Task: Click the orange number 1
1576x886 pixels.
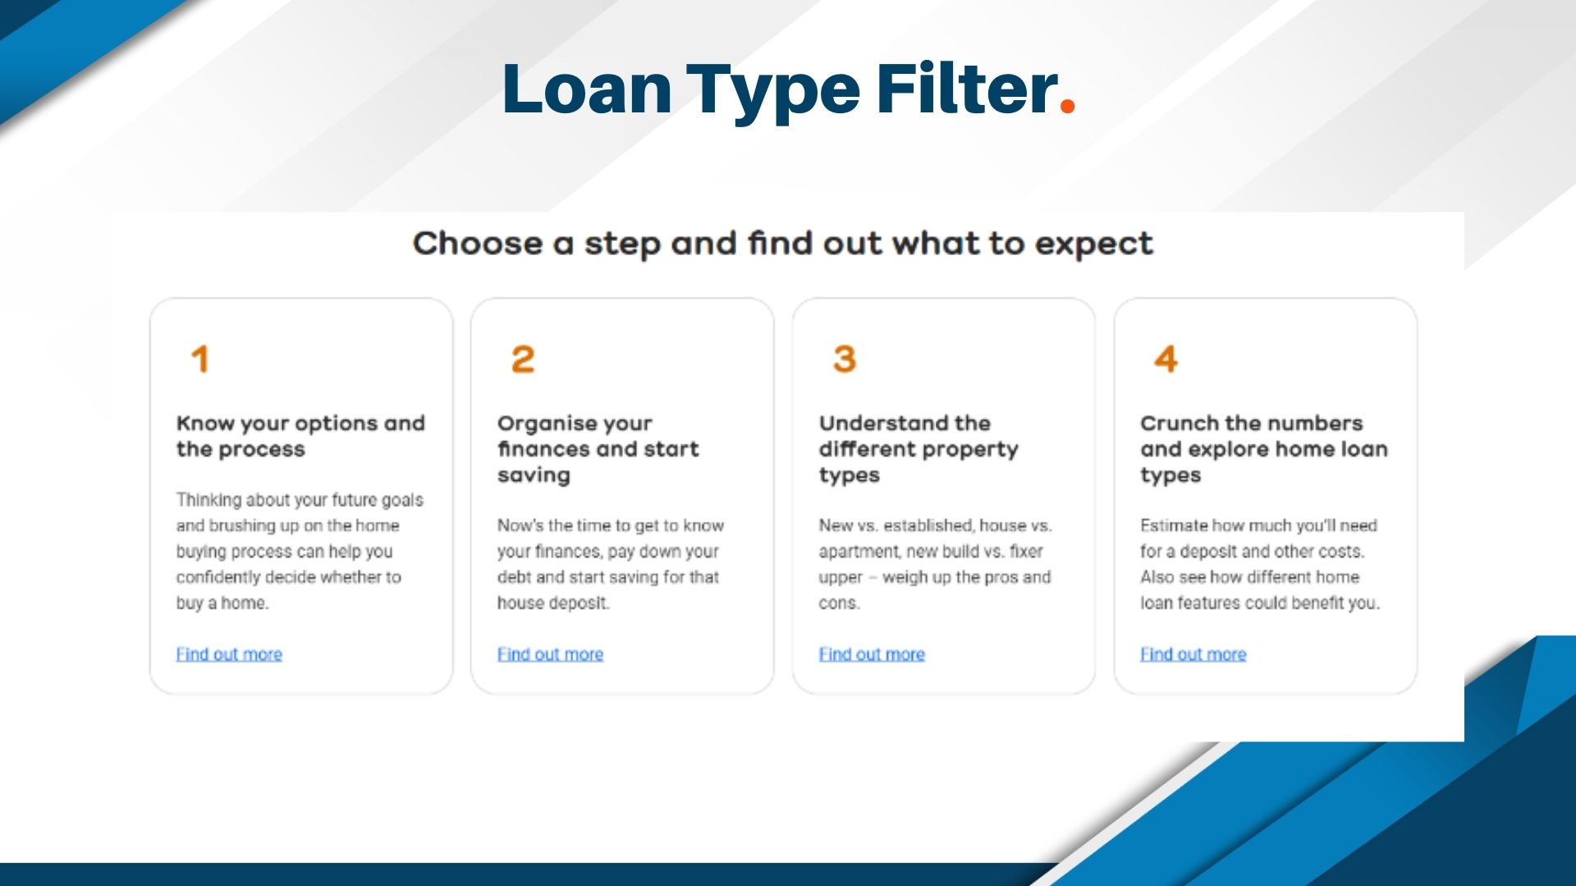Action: click(199, 359)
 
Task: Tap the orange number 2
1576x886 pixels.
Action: click(522, 359)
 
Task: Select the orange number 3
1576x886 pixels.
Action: click(844, 359)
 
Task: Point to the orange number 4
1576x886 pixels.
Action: click(1166, 359)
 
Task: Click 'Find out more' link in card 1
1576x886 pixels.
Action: click(229, 654)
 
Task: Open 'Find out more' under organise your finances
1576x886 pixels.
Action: click(550, 654)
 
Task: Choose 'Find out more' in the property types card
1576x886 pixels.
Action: click(872, 654)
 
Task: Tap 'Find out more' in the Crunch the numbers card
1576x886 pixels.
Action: click(1193, 654)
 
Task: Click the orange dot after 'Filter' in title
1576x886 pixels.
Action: click(1067, 105)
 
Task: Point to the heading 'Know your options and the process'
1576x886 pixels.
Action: click(300, 436)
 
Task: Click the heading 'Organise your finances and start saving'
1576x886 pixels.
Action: click(598, 449)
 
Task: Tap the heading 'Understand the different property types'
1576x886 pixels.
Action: click(918, 449)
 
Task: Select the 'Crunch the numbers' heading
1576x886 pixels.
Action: click(1251, 423)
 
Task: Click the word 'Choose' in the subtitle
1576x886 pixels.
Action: click(477, 244)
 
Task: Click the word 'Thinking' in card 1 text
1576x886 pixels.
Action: click(208, 500)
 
